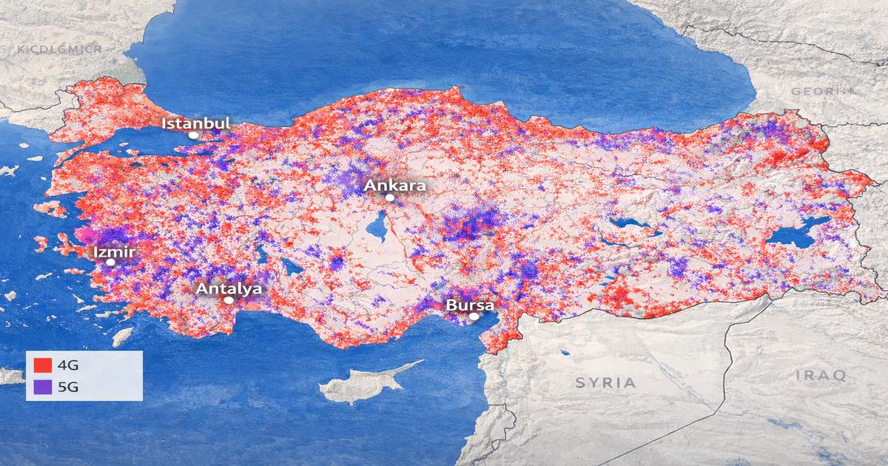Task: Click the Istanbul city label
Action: (x=196, y=123)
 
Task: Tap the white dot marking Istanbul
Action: (x=193, y=135)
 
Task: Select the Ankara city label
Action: (x=395, y=185)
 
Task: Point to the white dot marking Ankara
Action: (x=390, y=197)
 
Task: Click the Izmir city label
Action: (x=114, y=251)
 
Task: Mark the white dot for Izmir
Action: (x=110, y=262)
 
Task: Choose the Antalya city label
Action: (x=229, y=288)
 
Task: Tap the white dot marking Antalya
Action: (x=229, y=300)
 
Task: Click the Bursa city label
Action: (x=469, y=305)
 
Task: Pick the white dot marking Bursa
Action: (x=474, y=317)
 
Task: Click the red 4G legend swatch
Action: (x=42, y=365)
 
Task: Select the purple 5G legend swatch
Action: (x=42, y=385)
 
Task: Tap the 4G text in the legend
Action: (x=67, y=365)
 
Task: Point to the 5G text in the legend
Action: (x=67, y=385)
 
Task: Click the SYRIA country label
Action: (x=605, y=382)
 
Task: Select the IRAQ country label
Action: (x=820, y=376)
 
